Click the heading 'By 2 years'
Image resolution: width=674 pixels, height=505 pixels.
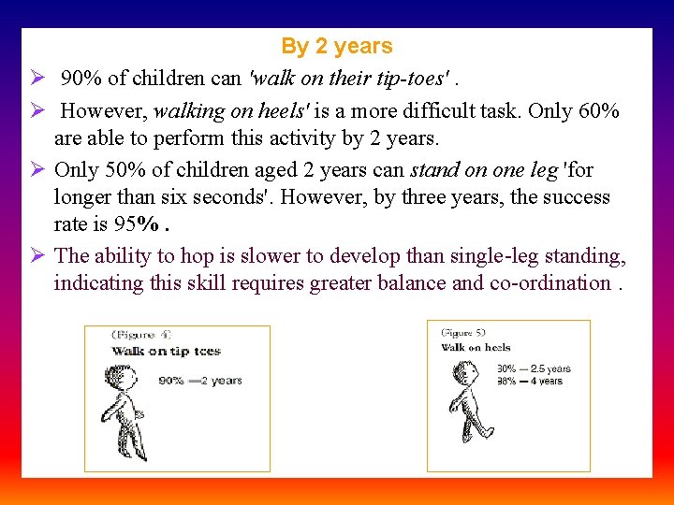pyautogui.click(x=336, y=46)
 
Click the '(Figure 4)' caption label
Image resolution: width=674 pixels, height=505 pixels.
pyautogui.click(x=141, y=335)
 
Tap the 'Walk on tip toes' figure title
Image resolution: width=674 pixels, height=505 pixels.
pyautogui.click(x=166, y=352)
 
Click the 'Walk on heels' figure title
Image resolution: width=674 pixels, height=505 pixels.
pyautogui.click(x=476, y=348)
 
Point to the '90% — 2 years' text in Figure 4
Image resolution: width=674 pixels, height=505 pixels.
pyautogui.click(x=200, y=381)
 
